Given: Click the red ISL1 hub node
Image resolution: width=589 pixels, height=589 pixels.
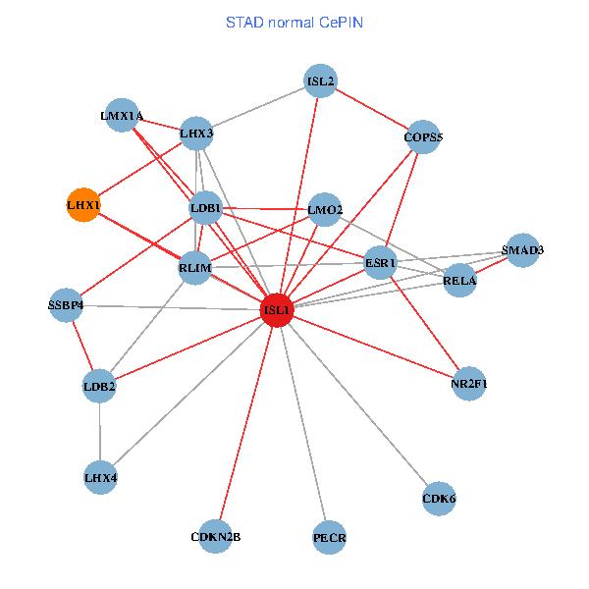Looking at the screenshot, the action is [277, 310].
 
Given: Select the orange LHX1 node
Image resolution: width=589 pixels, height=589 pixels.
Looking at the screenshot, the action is [83, 205].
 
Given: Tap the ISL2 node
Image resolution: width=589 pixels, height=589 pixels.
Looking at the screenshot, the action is [321, 81].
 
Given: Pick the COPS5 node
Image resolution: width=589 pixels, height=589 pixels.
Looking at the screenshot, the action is [423, 137].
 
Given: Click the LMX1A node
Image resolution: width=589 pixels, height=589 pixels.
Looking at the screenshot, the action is [122, 116].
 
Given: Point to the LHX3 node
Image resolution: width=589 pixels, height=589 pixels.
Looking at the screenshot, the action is [196, 134].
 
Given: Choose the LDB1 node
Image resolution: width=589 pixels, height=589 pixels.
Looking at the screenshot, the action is [205, 209].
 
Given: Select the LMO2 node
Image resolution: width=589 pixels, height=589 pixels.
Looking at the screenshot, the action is [325, 209].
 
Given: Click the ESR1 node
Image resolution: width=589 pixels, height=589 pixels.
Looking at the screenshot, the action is [380, 263].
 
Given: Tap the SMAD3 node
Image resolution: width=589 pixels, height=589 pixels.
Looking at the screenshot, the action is [522, 250].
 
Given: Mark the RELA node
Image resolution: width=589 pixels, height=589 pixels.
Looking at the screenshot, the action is [459, 281].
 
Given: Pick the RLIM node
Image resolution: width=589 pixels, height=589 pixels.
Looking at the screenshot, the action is [194, 268].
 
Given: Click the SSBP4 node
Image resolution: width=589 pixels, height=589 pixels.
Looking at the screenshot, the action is [66, 305].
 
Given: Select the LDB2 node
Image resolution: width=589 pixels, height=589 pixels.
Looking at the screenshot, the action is [99, 387].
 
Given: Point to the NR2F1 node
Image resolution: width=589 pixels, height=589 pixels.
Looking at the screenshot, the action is [468, 383].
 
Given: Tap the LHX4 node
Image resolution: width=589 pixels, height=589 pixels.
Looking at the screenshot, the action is [100, 478].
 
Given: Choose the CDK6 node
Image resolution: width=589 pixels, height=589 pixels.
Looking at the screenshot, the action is [439, 499].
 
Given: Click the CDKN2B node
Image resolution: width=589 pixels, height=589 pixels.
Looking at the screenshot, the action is [215, 537].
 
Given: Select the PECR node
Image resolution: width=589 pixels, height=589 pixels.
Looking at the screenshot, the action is [330, 538].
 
